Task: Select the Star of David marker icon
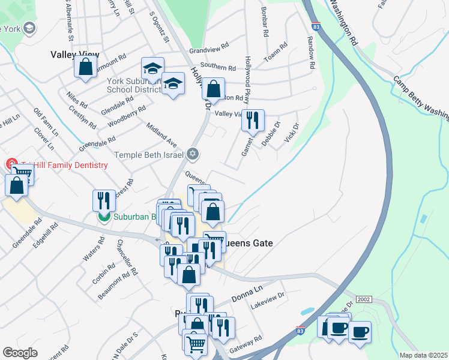[192, 154]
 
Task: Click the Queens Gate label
[248, 243]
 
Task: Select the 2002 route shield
[364, 299]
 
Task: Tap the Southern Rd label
[218, 67]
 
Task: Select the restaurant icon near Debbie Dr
[253, 120]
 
